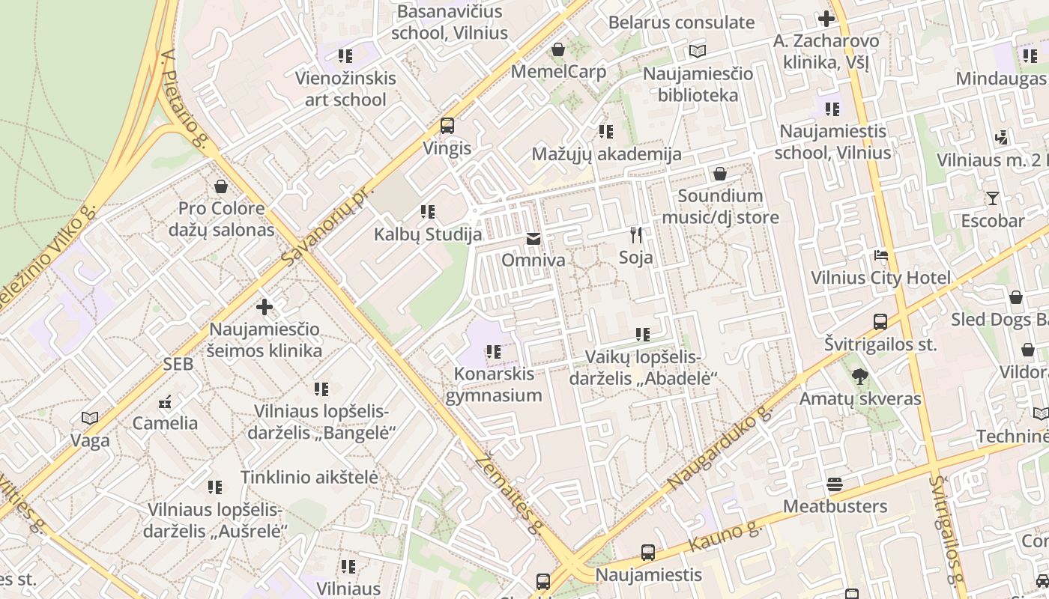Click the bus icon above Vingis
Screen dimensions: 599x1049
447,125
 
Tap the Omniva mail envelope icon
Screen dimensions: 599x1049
533,239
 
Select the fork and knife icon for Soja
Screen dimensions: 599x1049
635,235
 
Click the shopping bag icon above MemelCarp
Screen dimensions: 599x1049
557,49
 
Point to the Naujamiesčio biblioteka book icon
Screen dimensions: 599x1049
698,51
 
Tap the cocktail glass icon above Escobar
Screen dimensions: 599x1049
992,198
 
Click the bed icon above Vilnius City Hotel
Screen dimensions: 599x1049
881,255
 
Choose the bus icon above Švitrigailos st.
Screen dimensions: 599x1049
880,322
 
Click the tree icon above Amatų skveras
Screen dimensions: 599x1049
859,377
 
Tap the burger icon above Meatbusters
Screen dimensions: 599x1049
835,484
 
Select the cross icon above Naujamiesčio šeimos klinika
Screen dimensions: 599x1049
264,307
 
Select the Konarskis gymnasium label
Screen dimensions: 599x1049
493,384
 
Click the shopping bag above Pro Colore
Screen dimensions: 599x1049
221,186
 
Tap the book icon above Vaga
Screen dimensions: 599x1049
90,418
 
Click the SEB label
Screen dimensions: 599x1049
178,365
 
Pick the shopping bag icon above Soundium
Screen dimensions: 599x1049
719,174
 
